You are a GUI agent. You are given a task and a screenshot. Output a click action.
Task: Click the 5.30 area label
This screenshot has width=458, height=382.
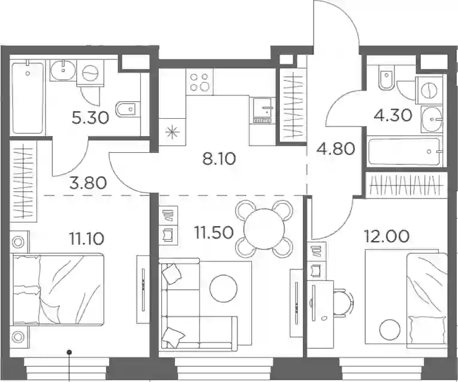click(90, 118)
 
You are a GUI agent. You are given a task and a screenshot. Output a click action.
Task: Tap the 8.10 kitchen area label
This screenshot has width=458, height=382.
click(219, 159)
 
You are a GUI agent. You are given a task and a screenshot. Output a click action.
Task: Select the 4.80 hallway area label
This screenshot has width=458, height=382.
click(336, 149)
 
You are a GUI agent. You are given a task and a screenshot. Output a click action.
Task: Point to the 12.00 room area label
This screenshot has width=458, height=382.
click(387, 237)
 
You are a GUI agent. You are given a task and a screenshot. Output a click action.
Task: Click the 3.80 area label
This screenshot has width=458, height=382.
click(88, 184)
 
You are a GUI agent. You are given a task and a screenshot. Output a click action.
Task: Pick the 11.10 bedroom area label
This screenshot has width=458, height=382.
click(86, 239)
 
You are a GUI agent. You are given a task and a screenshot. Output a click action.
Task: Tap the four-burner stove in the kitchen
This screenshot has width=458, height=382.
click(200, 82)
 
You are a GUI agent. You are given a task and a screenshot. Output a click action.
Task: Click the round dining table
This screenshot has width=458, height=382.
click(264, 228)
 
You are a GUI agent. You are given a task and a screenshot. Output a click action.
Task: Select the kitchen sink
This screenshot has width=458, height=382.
click(263, 110)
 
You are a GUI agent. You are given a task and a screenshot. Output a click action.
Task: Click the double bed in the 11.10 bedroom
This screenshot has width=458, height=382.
click(58, 290)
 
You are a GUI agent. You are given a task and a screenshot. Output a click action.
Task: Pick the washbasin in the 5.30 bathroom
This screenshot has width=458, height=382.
click(63, 70)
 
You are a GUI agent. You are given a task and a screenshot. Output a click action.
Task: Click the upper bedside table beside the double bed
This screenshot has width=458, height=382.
click(19, 242)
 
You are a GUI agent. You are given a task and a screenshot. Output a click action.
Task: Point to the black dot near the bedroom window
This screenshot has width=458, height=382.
click(69, 352)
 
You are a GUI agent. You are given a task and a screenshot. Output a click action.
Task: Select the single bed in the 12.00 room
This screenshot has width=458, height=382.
click(427, 300)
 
